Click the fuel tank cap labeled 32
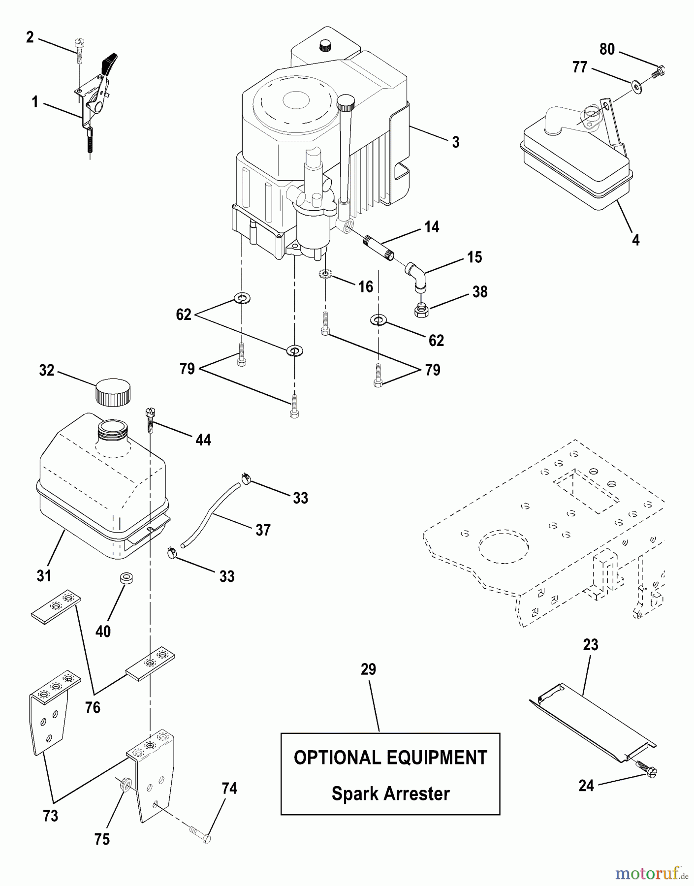click(x=113, y=392)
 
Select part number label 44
click(x=203, y=440)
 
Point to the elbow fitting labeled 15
click(x=416, y=276)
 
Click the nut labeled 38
click(x=421, y=310)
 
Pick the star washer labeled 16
click(x=325, y=274)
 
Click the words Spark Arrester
click(x=390, y=793)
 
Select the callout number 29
click(x=368, y=669)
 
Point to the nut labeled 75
click(x=126, y=784)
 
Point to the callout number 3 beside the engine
click(x=456, y=142)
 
